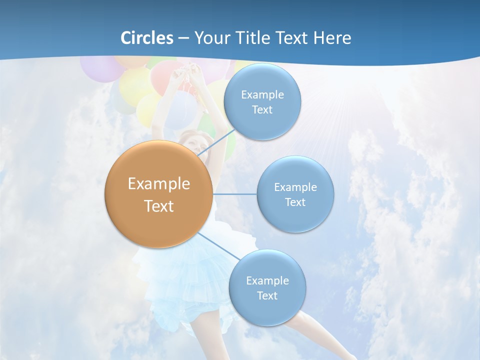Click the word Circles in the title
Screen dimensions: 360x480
point(147,38)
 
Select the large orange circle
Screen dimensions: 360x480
point(158,194)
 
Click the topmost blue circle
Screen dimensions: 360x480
point(262,101)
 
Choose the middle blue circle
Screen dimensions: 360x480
point(295,194)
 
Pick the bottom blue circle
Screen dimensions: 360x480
point(267,287)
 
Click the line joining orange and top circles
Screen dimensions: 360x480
point(216,142)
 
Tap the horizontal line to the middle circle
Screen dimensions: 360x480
point(234,194)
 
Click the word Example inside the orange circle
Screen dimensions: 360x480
point(158,183)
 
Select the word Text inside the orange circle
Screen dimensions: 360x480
point(158,206)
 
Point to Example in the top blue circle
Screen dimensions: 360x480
point(262,94)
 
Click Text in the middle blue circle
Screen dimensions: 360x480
point(295,202)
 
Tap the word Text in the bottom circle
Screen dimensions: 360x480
point(267,295)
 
